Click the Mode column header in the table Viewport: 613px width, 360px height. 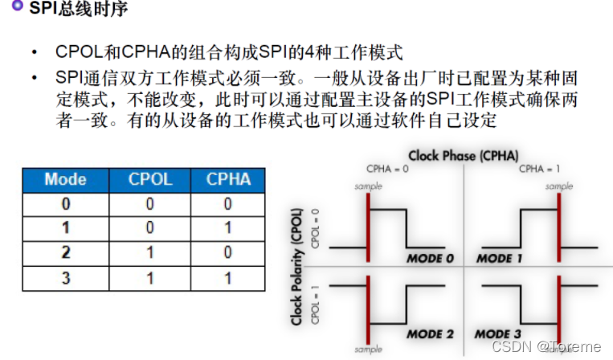pos(65,178)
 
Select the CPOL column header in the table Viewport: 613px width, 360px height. pos(150,178)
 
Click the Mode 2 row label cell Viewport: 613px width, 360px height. pos(65,252)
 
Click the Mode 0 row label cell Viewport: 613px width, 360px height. pos(65,203)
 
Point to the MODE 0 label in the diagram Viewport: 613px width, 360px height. pos(430,259)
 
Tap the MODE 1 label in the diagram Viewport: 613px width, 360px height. pos(500,259)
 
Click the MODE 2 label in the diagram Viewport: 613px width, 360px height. pos(430,333)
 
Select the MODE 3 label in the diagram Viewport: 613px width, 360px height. pos(498,333)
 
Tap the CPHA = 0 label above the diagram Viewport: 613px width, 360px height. pos(386,169)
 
